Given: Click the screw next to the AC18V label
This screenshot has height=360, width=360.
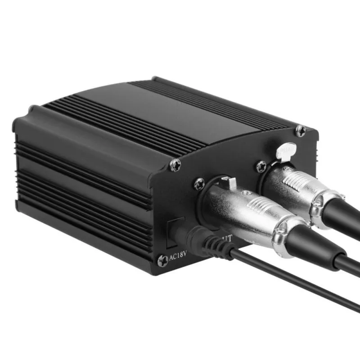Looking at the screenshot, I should tap(162, 260).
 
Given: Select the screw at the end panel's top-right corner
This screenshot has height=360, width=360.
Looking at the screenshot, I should tap(301, 130).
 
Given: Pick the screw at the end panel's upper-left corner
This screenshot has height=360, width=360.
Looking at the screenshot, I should tap(175, 165).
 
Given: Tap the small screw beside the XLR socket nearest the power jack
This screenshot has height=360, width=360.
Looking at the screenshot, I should tap(199, 183).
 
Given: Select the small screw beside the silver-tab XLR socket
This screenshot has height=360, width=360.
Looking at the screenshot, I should tap(261, 166).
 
